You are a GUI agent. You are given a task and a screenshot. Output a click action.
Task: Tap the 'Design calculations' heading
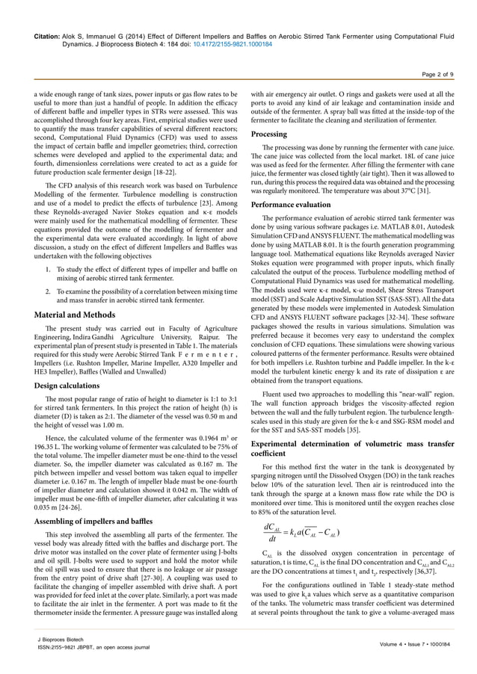click(x=74, y=386)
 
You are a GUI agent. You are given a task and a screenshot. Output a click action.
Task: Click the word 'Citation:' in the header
click(x=42, y=35)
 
